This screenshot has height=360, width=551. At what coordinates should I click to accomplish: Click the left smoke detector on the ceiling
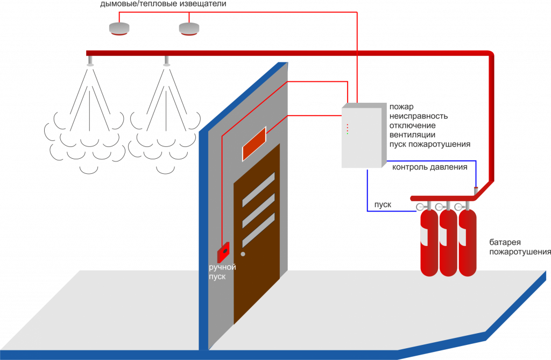click(x=119, y=29)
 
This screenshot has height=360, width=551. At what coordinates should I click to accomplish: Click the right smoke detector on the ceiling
click(x=189, y=29)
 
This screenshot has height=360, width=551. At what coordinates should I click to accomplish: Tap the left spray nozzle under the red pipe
click(x=90, y=61)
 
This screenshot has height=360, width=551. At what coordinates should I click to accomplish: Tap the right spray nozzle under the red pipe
click(x=167, y=61)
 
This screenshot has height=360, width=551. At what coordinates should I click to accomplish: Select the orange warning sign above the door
click(x=254, y=144)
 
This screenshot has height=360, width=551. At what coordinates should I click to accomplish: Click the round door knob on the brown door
click(x=243, y=254)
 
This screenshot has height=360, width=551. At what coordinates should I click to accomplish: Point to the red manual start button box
click(x=223, y=252)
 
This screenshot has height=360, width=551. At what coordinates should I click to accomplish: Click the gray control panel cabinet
click(x=364, y=135)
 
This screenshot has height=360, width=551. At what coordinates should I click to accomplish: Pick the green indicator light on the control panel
click(x=347, y=133)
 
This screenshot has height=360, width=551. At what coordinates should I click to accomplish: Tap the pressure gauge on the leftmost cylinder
click(x=420, y=207)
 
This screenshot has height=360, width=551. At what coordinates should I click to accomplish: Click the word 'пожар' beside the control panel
click(x=401, y=107)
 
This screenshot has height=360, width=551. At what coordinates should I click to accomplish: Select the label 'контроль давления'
click(x=430, y=167)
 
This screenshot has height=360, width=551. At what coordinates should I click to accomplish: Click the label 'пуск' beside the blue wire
click(x=383, y=205)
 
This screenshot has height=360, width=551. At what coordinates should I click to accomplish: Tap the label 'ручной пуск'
click(x=222, y=272)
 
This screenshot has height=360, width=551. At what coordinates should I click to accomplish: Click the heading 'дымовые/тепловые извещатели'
click(x=163, y=4)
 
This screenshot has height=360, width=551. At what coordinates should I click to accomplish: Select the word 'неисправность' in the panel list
click(x=419, y=116)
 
